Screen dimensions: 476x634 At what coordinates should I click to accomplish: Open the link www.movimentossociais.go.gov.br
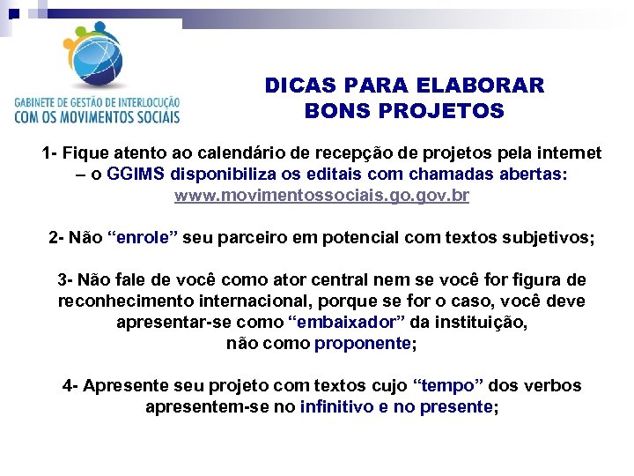[321, 195]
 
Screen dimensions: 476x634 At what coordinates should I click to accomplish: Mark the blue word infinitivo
[336, 407]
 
